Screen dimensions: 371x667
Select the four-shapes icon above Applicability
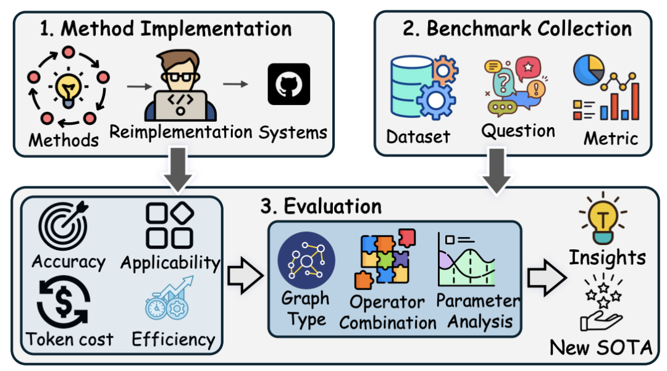(x=169, y=226)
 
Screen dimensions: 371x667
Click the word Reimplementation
(x=181, y=132)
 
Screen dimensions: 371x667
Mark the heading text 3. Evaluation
(x=321, y=206)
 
